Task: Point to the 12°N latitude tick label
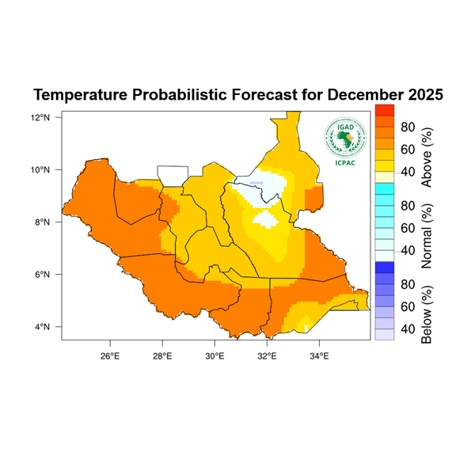click(41, 117)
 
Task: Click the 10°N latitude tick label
click(41, 169)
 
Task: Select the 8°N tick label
click(44, 222)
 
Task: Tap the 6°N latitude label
click(44, 275)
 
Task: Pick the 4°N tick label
click(44, 327)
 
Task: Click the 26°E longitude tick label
click(109, 354)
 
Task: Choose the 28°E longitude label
click(161, 354)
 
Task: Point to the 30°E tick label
click(215, 354)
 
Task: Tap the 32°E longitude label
click(267, 354)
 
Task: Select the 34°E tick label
click(319, 354)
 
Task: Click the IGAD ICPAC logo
click(344, 137)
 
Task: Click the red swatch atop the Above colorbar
click(384, 110)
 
